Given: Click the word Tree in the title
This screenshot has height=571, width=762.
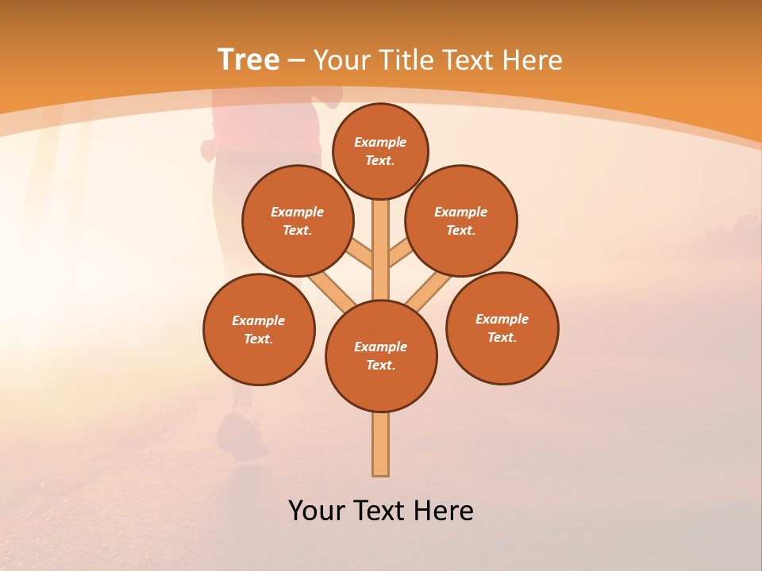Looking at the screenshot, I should click(x=248, y=59).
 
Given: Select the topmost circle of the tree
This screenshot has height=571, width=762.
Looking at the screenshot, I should click(x=380, y=151).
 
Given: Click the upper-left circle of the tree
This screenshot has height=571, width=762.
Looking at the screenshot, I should click(x=298, y=220).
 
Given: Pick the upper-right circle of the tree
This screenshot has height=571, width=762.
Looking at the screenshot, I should click(x=461, y=220).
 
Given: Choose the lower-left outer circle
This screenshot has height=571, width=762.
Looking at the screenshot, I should click(x=259, y=329).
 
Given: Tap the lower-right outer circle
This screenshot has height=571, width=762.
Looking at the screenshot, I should click(x=502, y=328).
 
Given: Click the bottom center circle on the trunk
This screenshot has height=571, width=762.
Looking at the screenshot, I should click(x=381, y=356).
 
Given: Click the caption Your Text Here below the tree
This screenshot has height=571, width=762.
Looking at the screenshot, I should click(x=381, y=510).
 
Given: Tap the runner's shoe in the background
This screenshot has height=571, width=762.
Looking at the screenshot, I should click(x=242, y=432).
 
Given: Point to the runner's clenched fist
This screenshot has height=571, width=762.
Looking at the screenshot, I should click(x=208, y=149).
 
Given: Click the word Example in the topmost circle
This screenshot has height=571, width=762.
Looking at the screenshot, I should click(x=380, y=142).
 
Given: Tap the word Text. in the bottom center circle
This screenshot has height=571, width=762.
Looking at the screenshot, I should click(x=380, y=366).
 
